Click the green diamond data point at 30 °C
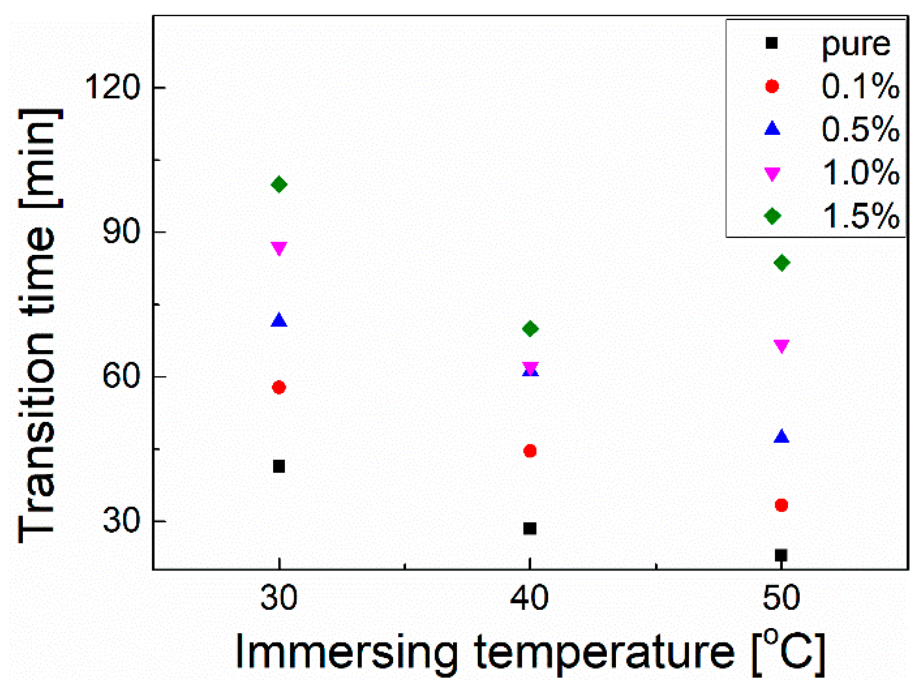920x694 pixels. (x=279, y=185)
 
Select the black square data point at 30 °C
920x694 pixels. (x=279, y=466)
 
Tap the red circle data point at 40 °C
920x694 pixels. (x=530, y=451)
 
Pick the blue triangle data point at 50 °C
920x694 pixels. (x=781, y=437)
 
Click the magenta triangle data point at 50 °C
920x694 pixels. (x=781, y=346)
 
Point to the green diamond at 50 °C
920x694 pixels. (x=781, y=263)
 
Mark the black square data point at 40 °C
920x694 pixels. (x=530, y=529)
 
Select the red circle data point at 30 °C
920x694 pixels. (x=279, y=387)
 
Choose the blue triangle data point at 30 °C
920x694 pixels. (x=279, y=320)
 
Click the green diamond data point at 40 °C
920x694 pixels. (x=530, y=329)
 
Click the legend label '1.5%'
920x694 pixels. (x=860, y=216)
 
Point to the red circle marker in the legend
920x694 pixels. (x=772, y=87)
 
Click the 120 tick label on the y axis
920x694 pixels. (x=112, y=88)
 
